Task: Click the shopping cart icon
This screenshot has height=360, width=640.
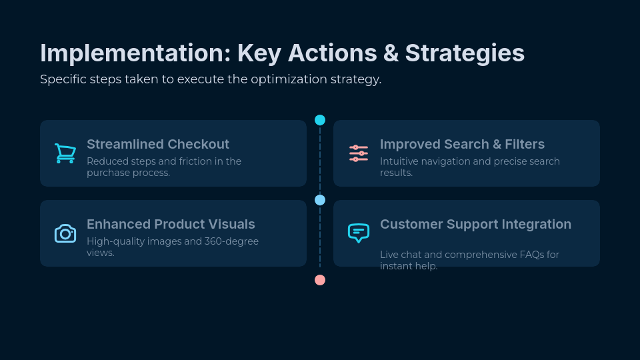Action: click(65, 153)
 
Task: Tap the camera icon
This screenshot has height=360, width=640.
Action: click(65, 233)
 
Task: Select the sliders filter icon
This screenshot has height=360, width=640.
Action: click(359, 153)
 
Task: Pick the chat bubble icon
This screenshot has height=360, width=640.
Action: click(359, 233)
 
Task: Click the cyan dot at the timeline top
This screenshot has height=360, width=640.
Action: click(320, 120)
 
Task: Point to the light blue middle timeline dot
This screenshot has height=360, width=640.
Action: click(320, 200)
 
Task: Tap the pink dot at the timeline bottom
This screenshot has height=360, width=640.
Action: click(320, 280)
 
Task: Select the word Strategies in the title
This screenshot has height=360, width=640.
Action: click(465, 53)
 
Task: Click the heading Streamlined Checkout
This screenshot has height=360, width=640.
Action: click(158, 144)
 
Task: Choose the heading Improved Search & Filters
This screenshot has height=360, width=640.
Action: click(462, 144)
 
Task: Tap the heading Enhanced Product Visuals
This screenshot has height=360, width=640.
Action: click(171, 224)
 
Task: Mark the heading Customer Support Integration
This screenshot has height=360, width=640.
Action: click(475, 224)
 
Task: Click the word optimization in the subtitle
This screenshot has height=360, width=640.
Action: click(289, 79)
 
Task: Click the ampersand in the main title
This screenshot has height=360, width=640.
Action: click(389, 53)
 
